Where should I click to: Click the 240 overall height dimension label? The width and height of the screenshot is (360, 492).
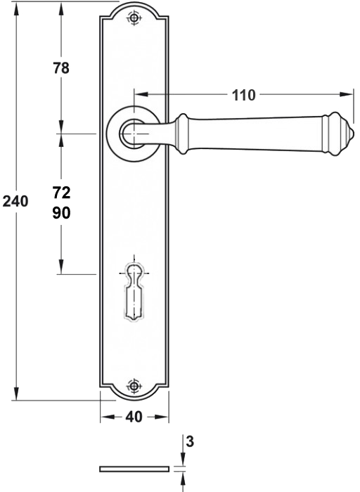click(15, 201)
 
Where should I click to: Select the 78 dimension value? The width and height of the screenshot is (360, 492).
click(61, 67)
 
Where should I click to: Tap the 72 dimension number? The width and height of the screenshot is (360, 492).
click(61, 193)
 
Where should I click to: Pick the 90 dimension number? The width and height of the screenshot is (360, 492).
click(61, 213)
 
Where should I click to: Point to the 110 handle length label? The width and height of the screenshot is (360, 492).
click(243, 95)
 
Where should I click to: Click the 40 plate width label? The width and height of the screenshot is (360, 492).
click(134, 417)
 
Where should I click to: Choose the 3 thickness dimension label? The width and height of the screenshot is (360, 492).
click(190, 441)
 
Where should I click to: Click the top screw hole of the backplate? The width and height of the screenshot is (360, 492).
click(134, 18)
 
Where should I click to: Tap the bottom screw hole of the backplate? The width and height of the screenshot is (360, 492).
click(134, 385)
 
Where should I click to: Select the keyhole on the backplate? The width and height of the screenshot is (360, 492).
click(134, 292)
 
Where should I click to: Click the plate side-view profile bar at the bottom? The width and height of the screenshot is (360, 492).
click(134, 469)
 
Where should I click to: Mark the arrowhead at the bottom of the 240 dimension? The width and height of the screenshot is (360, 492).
click(16, 393)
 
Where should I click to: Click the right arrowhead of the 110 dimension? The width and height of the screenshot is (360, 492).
click(345, 94)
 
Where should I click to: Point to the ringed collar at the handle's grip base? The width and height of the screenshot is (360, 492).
click(181, 134)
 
